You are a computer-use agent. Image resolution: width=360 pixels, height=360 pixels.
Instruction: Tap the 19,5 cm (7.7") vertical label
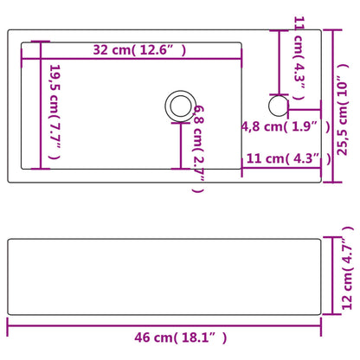55,112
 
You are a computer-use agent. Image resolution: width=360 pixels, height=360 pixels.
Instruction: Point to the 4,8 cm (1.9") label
285,126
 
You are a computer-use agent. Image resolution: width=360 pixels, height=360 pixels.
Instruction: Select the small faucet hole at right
279,105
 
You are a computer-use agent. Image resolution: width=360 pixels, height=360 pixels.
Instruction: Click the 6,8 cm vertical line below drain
180,145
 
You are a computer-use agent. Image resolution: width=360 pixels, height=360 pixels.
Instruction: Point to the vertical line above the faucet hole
279,62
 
